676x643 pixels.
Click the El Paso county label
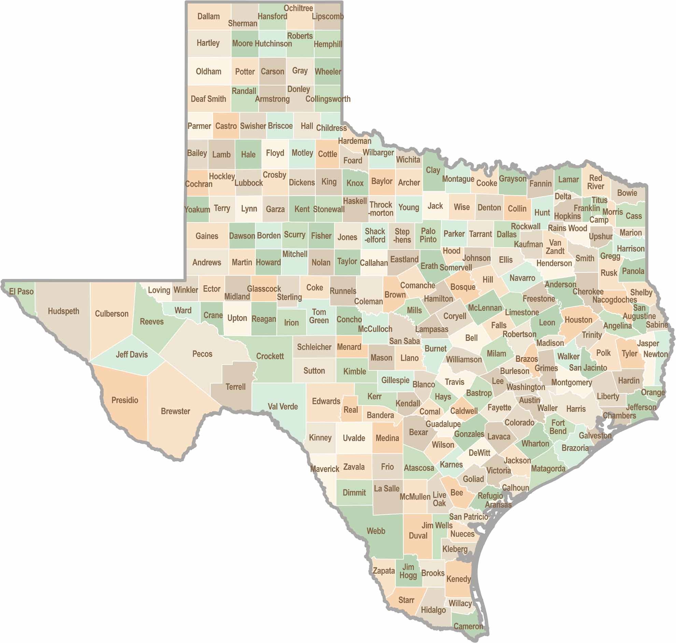tap(21, 292)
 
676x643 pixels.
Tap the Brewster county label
tap(175, 411)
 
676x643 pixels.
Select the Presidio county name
tap(125, 400)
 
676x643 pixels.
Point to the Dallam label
tap(208, 16)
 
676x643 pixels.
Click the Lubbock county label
tap(249, 183)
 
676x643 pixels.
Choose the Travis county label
tap(454, 382)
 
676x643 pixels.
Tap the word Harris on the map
tap(576, 409)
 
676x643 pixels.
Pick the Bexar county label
tap(418, 432)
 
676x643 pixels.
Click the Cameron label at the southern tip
tap(468, 626)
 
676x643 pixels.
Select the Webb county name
tap(376, 531)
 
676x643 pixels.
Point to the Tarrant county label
tap(480, 234)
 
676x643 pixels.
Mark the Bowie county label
tap(627, 193)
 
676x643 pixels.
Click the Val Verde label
tap(282, 406)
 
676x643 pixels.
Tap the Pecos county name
tap(202, 354)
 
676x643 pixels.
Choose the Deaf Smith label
tap(208, 99)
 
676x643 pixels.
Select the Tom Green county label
tap(319, 316)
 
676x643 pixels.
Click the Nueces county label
tap(462, 534)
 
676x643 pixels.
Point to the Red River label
tap(595, 182)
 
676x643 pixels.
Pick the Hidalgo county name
tap(433, 610)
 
